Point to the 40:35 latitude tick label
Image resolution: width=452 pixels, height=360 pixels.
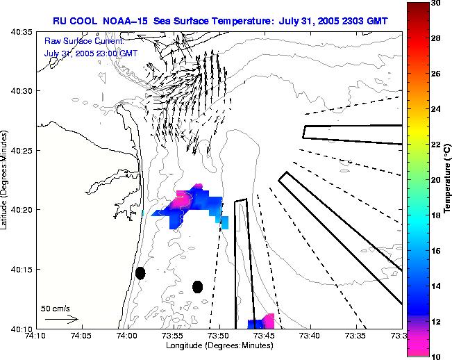click(22, 32)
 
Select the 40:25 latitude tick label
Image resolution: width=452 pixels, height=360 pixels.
click(22, 151)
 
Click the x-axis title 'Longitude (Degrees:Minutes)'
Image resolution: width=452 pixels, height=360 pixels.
click(219, 345)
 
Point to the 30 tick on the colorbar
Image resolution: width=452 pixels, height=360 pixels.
click(435, 3)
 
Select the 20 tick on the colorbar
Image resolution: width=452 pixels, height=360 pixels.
click(435, 179)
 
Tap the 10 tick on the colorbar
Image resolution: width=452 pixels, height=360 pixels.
click(435, 355)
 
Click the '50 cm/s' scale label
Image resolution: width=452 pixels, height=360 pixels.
click(56, 308)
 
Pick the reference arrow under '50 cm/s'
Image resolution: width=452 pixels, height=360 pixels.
click(61, 320)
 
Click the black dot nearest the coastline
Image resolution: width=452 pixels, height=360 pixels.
click(140, 273)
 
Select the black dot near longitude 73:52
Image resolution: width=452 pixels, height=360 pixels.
click(197, 286)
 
